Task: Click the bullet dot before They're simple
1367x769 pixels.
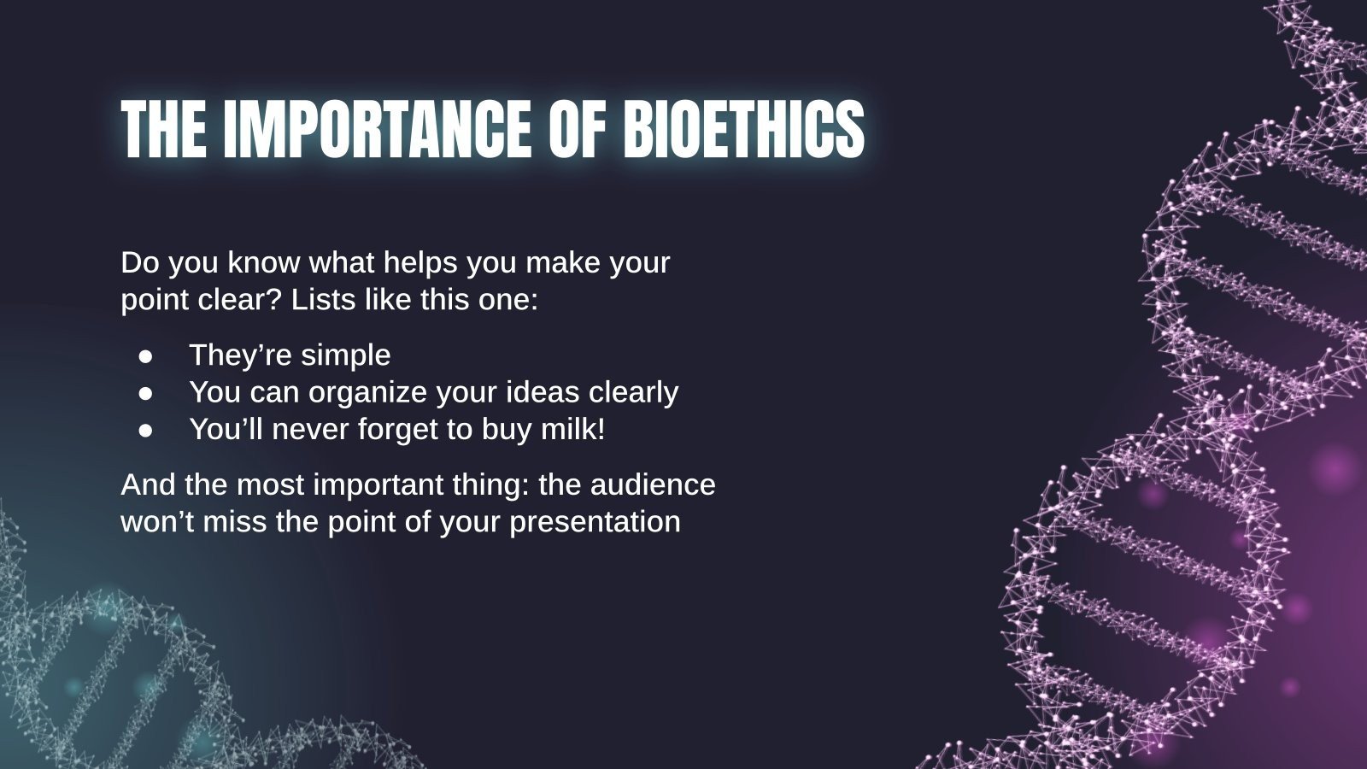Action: (146, 355)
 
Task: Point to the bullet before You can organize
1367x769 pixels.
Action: (146, 392)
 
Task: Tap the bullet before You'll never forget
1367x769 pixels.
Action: (146, 429)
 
